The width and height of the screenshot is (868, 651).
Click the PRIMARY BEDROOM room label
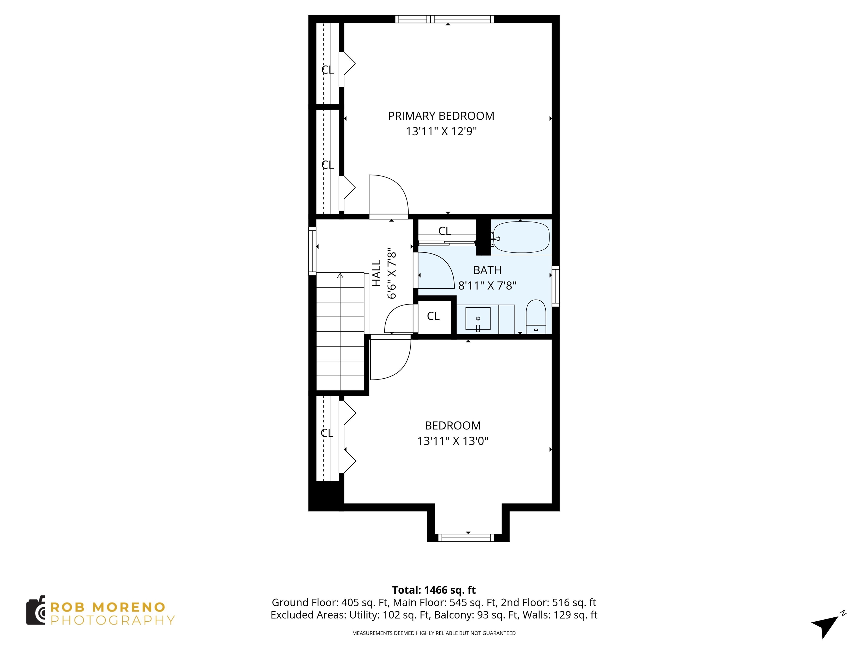pos(441,116)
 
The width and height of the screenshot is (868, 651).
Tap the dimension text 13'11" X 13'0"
pos(452,441)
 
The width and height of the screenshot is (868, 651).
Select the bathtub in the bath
pos(521,237)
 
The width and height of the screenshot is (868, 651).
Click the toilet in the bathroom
pos(536,317)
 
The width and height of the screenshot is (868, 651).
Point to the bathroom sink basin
pos(478,319)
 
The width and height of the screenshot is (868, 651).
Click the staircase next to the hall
pos(340,332)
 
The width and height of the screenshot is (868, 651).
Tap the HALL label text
pos(376,273)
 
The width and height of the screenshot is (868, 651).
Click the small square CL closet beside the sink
pos(433,316)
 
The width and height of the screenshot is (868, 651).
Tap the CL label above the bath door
pos(444,231)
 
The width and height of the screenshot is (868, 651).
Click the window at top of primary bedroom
pos(444,19)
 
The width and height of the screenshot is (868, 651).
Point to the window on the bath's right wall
pos(556,286)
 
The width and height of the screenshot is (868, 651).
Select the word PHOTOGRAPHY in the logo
pos(113,620)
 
